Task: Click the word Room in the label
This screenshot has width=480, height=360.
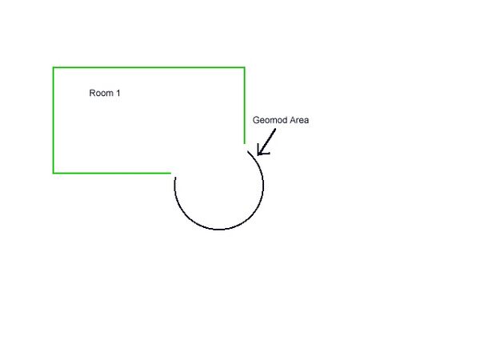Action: point(101,93)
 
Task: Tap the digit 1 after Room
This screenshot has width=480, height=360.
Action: point(118,93)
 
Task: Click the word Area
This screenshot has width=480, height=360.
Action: point(299,120)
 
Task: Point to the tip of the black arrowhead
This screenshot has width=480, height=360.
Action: point(258,154)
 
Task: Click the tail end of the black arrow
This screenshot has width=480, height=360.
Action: point(275,129)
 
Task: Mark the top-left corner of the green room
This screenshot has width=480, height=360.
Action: point(54,67)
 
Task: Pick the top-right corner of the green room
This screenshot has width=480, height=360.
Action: point(245,67)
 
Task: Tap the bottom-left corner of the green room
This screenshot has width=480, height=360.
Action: point(54,174)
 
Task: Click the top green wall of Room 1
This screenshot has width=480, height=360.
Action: point(149,67)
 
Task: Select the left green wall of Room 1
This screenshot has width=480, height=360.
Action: point(54,120)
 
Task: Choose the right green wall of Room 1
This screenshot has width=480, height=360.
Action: point(245,106)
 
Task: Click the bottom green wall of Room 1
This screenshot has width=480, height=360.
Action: point(112,174)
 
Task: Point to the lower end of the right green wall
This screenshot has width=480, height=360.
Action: point(245,143)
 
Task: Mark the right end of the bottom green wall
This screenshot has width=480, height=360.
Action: point(171,174)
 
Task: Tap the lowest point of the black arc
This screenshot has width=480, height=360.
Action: point(218,230)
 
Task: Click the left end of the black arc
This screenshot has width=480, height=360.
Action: point(175,177)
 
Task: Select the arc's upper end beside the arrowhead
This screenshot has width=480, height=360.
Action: point(248,150)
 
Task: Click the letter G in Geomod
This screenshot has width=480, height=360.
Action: point(256,120)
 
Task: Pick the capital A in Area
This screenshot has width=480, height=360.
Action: point(293,120)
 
